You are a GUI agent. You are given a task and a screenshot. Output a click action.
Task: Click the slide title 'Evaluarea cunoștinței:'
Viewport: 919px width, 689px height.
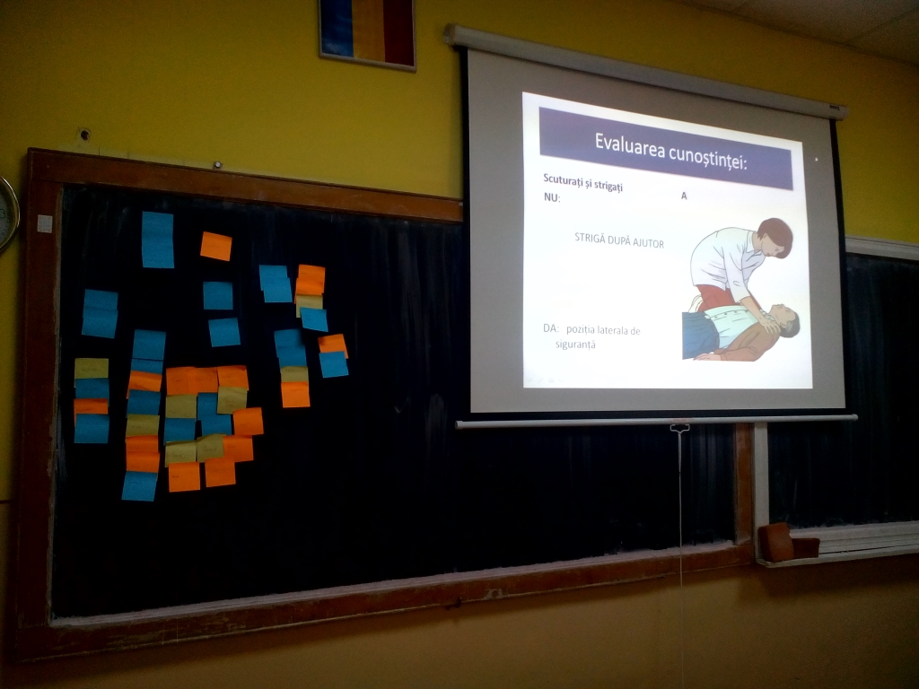click(x=671, y=151)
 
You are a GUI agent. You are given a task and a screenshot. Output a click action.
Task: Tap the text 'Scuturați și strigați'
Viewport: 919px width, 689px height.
click(x=582, y=181)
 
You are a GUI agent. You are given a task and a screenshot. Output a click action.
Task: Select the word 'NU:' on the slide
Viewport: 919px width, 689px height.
click(x=552, y=198)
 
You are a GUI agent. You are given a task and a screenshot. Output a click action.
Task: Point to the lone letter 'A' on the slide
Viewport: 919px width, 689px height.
click(x=683, y=196)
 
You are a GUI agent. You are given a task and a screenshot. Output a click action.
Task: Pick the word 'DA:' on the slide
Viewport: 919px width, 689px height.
click(x=550, y=328)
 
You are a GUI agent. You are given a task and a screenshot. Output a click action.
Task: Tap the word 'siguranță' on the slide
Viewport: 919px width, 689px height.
click(x=575, y=344)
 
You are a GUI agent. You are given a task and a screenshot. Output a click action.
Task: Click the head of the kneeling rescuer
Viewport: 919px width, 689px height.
click(x=775, y=236)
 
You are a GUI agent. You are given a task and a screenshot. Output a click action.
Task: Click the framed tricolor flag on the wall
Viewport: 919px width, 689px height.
click(x=367, y=33)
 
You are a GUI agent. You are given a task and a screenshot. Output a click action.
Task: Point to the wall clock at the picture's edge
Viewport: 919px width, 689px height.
click(x=7, y=214)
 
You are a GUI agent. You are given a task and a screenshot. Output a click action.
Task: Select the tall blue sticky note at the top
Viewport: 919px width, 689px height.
click(x=158, y=240)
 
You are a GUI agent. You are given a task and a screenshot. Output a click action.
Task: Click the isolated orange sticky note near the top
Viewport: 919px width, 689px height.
click(x=215, y=246)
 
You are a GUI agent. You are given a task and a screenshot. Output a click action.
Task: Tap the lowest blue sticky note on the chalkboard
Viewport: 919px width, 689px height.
click(x=139, y=485)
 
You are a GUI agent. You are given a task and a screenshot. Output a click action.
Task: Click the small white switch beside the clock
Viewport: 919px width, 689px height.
click(x=45, y=223)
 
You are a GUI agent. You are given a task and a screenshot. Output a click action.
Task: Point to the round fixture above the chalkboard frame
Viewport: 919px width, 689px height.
click(x=84, y=135)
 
